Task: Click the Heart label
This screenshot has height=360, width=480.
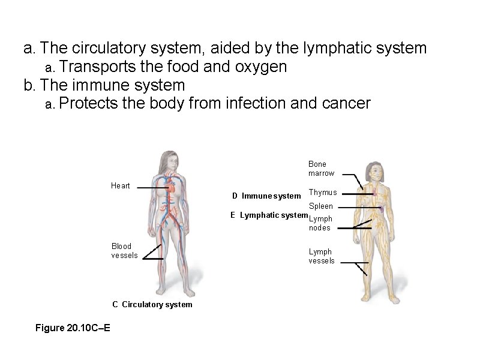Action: [121, 185]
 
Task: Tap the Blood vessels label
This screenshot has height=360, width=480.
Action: [124, 250]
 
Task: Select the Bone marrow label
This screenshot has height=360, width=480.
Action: [322, 169]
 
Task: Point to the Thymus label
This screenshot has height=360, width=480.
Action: [322, 193]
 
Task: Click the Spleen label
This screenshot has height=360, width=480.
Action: [321, 206]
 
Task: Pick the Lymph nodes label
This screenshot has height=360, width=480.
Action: [320, 223]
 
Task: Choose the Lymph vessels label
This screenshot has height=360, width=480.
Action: [322, 256]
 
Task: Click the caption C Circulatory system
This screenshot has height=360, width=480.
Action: [152, 304]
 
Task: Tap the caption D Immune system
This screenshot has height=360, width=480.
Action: [266, 196]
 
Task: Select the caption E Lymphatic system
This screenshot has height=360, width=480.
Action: [269, 215]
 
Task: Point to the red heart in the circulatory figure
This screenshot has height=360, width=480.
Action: [171, 188]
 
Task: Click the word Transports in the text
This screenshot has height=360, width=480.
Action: [97, 67]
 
